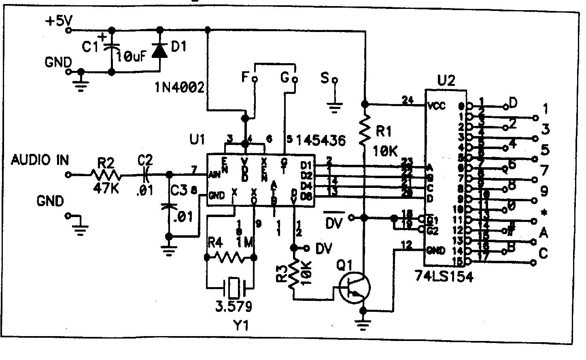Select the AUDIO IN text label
coord(40,160)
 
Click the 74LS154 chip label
coord(444,277)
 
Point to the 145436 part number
coord(321,141)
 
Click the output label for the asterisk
coord(544,212)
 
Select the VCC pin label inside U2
coord(436,106)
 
